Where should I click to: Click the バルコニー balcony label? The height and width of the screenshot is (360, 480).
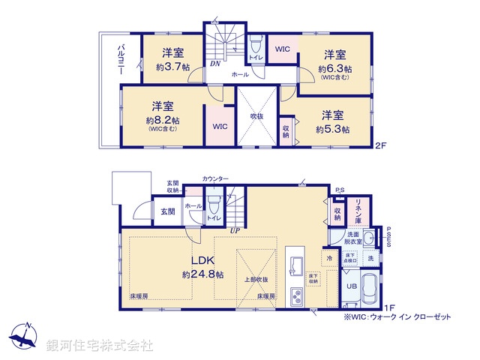(120, 59)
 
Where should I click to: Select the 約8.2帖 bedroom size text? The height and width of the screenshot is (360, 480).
(162, 119)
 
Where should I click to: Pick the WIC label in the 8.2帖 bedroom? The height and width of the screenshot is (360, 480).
(220, 127)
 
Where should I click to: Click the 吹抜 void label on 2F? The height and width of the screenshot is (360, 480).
(257, 117)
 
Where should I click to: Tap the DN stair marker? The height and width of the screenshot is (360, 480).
(214, 64)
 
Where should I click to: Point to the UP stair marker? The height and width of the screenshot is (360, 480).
(235, 230)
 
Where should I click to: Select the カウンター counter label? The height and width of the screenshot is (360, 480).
(216, 178)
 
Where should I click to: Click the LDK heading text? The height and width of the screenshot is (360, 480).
(202, 261)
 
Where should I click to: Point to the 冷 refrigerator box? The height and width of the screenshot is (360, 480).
(329, 258)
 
